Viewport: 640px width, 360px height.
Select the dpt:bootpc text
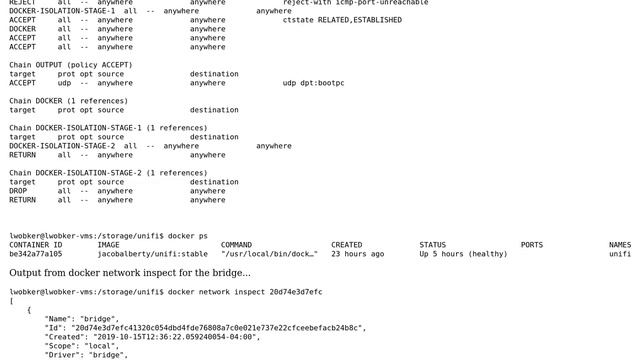point(322,83)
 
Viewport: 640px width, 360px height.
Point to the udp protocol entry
point(66,83)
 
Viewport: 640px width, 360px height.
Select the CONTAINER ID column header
point(36,245)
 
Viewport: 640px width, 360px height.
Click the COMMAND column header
point(236,245)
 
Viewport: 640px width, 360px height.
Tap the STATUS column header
point(432,245)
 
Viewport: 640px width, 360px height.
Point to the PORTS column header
point(532,245)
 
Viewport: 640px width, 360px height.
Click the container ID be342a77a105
point(36,254)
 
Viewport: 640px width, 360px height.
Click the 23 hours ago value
point(357,254)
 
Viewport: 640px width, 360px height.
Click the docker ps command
point(188,236)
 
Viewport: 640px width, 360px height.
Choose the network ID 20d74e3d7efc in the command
point(296,292)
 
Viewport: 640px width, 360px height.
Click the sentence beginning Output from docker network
point(130,273)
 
